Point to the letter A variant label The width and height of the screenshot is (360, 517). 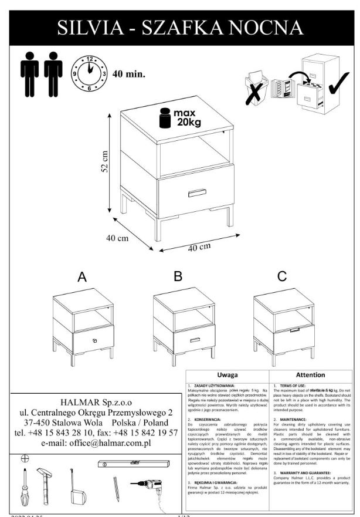point(82,277)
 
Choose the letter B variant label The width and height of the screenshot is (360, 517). point(178,276)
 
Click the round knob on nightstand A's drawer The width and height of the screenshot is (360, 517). point(94,340)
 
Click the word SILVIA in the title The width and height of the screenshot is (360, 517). point(93,26)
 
